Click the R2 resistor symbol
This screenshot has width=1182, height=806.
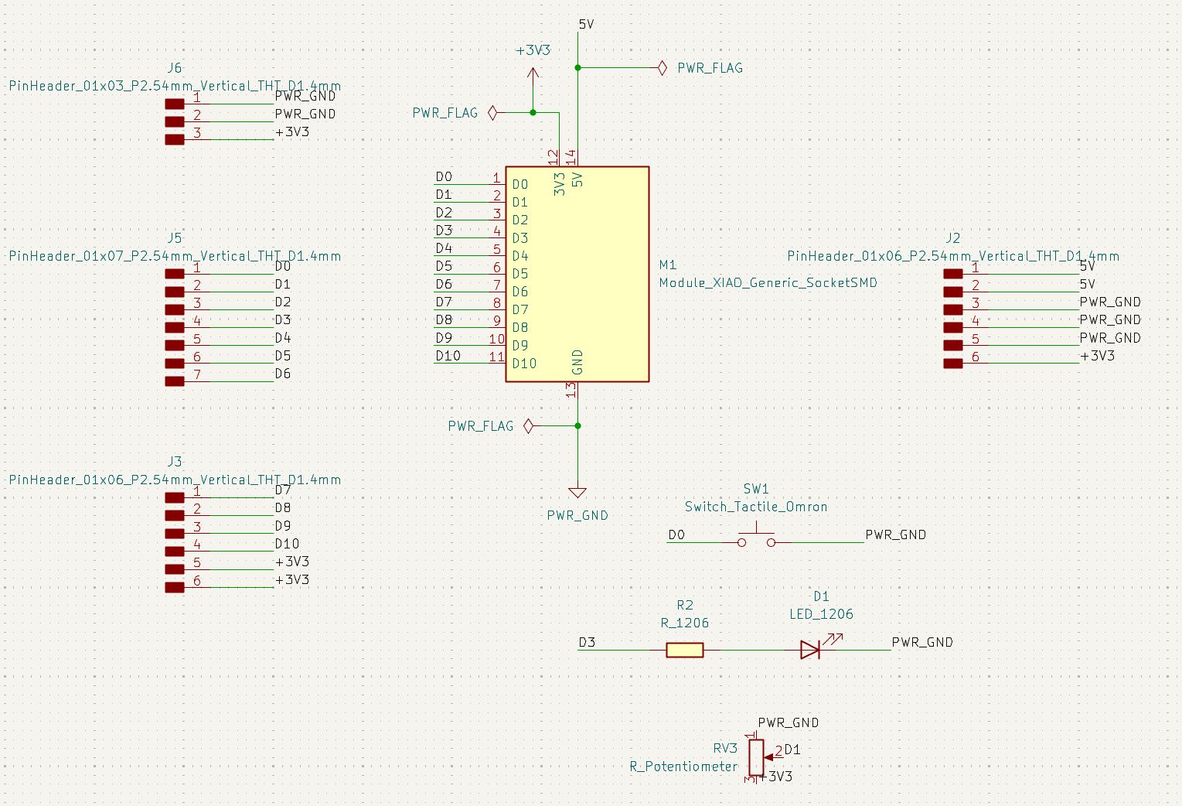pos(685,650)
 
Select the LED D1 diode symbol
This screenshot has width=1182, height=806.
pos(809,650)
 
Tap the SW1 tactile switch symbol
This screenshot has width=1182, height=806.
pos(756,538)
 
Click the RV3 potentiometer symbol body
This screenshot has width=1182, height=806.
pos(756,756)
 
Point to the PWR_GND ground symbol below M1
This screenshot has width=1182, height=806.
pos(577,492)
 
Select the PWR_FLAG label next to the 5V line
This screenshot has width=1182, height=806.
pos(710,68)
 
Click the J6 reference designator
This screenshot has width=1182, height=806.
pos(175,68)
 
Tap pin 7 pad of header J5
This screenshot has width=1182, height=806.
pos(175,381)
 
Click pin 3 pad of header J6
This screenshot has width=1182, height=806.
pos(175,139)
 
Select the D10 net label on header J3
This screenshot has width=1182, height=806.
pos(287,544)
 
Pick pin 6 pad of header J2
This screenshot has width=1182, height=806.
pos(953,363)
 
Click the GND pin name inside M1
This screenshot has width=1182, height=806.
pos(577,362)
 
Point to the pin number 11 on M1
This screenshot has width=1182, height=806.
pos(496,357)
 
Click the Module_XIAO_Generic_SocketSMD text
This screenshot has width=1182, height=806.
pos(768,283)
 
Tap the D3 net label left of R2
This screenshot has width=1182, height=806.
pos(587,642)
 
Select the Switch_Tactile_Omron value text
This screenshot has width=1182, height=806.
pos(756,507)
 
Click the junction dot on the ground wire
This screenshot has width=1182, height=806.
pos(577,425)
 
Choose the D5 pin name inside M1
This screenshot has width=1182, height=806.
pos(520,274)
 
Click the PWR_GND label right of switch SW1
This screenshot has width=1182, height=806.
pos(895,534)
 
